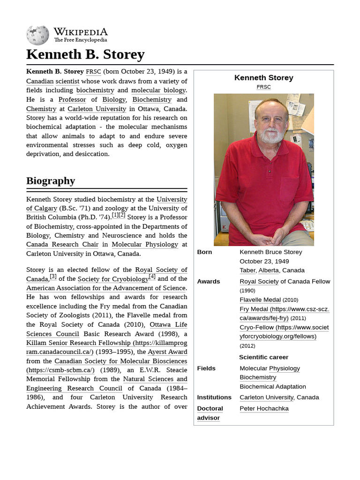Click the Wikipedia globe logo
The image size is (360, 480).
[x=37, y=35]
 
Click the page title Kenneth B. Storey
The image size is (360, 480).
[x=85, y=54]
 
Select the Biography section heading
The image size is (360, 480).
[x=51, y=180]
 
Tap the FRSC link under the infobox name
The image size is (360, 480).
[x=263, y=87]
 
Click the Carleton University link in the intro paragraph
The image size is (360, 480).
[x=97, y=109]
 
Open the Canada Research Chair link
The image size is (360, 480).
[x=62, y=244]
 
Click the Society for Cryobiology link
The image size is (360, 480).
[x=113, y=279]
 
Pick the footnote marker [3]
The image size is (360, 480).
[x=53, y=277]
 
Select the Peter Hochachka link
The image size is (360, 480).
[x=264, y=408]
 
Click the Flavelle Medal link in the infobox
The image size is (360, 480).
[x=260, y=300]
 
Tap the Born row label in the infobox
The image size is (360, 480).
[x=204, y=252]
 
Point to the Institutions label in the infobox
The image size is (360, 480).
[x=214, y=397]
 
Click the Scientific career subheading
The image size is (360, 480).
[x=263, y=357]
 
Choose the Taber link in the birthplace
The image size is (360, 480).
[x=247, y=270]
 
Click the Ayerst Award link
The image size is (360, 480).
[x=167, y=352]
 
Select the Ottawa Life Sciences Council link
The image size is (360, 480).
[x=106, y=329]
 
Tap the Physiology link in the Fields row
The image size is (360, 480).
[x=284, y=368]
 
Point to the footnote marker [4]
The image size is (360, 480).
[x=152, y=277]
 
